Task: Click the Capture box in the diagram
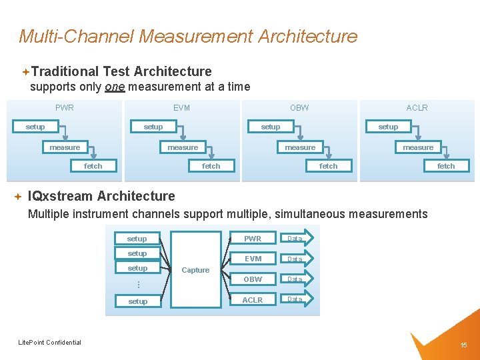pos(195,269)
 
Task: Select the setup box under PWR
pos(35,127)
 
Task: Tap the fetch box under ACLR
pos(446,166)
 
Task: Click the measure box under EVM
pos(183,147)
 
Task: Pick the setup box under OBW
pos(271,127)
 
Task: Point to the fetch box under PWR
pos(93,166)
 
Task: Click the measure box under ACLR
pos(418,147)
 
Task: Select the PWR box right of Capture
pos(253,239)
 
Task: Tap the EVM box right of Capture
pos(253,259)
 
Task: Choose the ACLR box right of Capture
pos(253,300)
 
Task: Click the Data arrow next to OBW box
pos(296,279)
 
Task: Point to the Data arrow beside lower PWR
pos(296,239)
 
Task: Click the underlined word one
pos(115,87)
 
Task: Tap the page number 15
pos(463,345)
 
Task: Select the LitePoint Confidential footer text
pos(49,343)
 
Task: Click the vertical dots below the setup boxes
pos(138,284)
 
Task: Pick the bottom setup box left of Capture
pos(138,301)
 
